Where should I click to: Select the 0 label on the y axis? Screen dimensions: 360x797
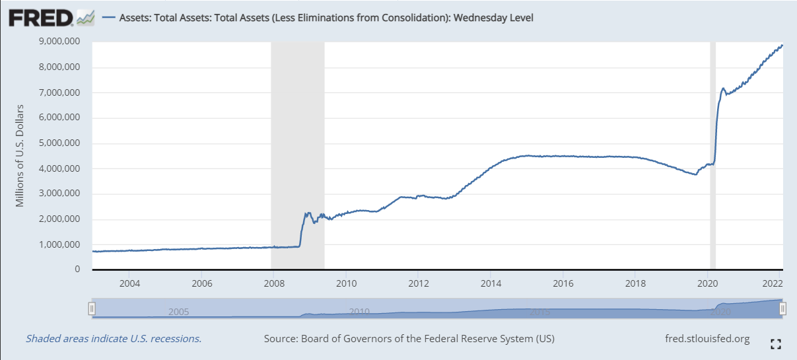[x=77, y=270]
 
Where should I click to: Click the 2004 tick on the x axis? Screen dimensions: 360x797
[x=129, y=283]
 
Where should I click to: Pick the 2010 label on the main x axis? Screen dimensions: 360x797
[x=346, y=283]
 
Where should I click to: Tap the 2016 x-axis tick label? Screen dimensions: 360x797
[x=563, y=283]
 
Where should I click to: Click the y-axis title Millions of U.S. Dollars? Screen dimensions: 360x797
[x=20, y=155]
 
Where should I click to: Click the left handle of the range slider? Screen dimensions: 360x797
[x=92, y=308]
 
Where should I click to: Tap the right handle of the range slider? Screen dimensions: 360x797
[x=782, y=308]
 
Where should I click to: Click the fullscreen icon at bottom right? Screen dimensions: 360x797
[x=776, y=343]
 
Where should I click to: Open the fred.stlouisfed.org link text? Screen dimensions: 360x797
[x=707, y=339]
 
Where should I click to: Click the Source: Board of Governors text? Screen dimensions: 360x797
[x=409, y=339]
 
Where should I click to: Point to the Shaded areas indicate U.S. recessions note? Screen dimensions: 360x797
[x=114, y=339]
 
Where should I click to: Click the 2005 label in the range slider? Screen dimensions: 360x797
[x=180, y=312]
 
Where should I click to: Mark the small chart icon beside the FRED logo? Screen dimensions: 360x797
[x=85, y=18]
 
